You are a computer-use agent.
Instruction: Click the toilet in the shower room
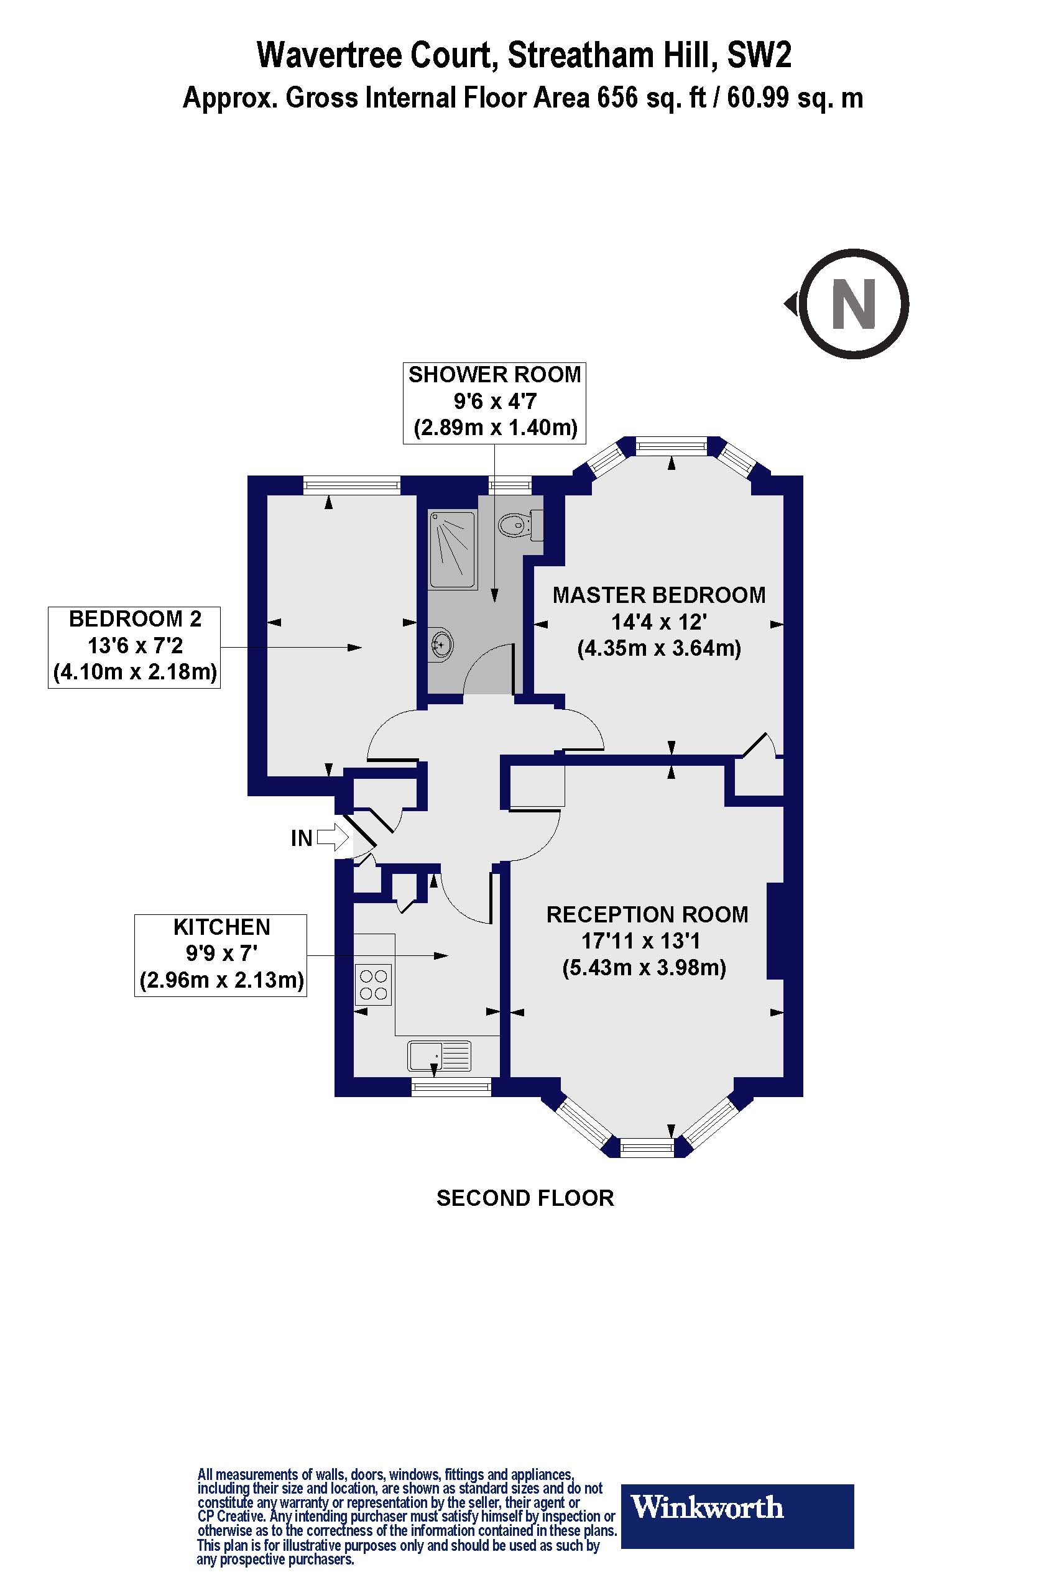514,523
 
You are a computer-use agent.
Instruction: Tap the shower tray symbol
451,549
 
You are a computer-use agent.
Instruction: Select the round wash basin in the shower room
440,644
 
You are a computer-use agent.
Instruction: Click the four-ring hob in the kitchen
373,985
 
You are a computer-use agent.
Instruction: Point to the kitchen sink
439,1055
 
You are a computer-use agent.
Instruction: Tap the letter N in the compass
854,304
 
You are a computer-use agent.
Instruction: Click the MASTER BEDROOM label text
658,595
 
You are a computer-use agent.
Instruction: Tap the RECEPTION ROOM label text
647,914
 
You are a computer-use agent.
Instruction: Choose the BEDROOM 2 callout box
134,646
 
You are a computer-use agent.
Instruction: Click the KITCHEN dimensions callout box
221,955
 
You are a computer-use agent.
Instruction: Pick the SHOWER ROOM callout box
494,402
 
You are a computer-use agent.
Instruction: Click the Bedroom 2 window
352,485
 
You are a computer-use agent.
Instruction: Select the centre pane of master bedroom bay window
672,446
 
